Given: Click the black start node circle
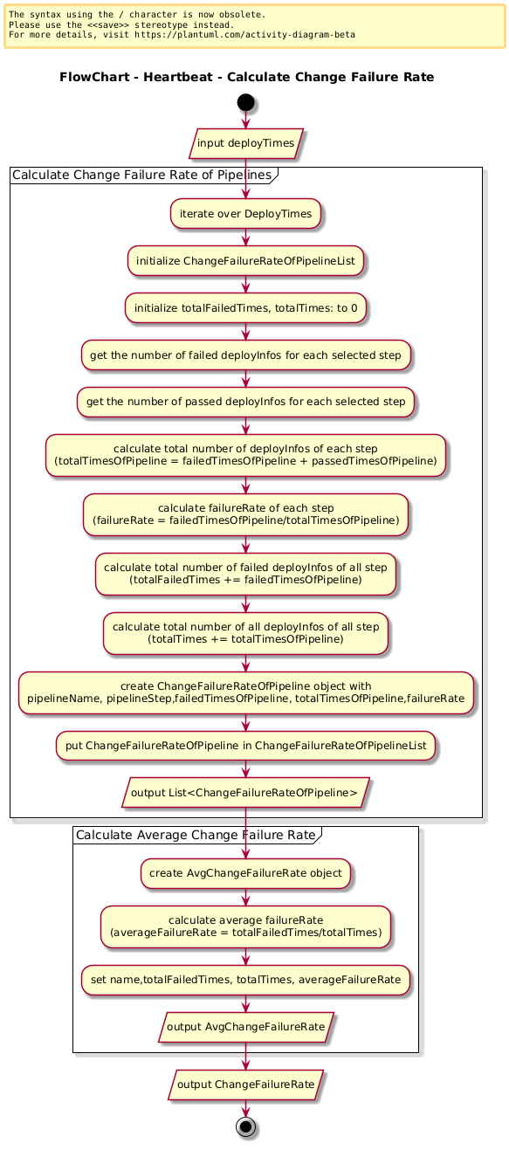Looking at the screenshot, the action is (246, 102).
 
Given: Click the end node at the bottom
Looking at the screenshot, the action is (246, 1126).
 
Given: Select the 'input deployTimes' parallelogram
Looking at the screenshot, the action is (246, 143).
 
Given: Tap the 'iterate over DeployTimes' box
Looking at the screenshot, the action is (246, 214).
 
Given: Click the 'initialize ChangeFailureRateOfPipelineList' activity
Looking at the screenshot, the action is (246, 261).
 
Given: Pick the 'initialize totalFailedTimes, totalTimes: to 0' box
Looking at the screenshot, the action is (246, 308).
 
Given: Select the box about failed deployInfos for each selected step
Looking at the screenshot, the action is (246, 355).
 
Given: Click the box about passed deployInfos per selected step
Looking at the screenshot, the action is (246, 402).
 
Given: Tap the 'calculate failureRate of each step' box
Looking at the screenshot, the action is (246, 514).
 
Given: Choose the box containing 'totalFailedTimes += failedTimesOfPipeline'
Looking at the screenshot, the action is (246, 574).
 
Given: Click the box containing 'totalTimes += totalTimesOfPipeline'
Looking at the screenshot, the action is (246, 633).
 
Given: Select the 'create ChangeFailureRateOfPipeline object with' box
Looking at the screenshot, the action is (246, 692).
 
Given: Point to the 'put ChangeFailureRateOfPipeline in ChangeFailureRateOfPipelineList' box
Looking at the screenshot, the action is (246, 746).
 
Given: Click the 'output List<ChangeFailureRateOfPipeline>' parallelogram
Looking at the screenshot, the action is (246, 793).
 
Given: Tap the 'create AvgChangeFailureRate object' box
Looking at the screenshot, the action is (246, 873).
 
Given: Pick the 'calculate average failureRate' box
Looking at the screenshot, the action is (246, 926).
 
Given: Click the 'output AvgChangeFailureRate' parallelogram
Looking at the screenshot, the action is (246, 1027).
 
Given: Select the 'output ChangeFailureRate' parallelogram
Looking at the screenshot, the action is (246, 1085).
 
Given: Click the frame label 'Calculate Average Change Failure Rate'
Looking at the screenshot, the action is (196, 835).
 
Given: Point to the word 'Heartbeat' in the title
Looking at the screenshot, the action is (177, 77).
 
